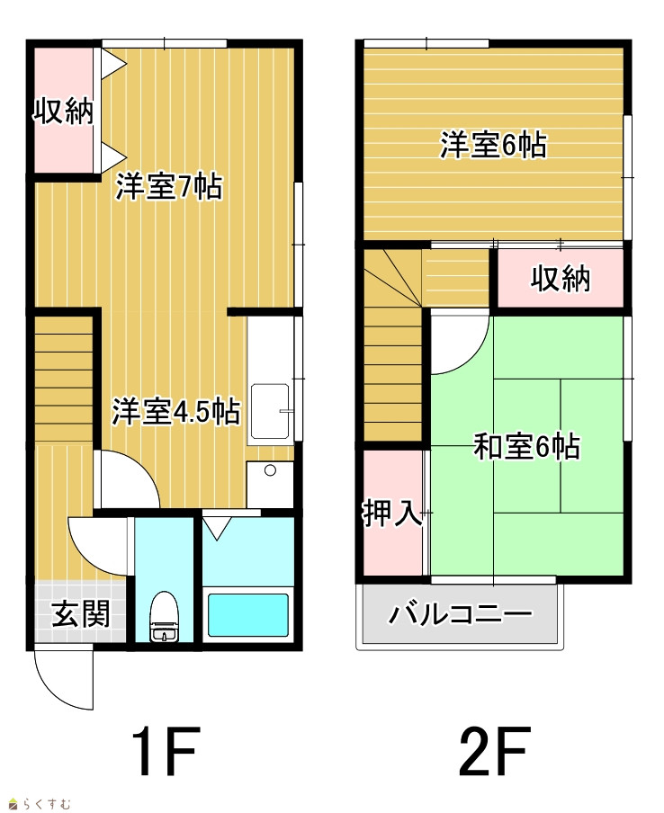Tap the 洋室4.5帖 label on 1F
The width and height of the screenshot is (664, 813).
point(175,412)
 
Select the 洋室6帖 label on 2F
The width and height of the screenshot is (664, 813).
point(493,145)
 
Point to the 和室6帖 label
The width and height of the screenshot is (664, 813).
point(526,446)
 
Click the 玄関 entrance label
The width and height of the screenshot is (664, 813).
point(81,615)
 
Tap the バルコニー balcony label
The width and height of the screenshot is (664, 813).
point(461,615)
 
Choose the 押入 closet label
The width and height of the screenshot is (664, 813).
point(392,514)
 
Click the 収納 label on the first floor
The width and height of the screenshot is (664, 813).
point(63,111)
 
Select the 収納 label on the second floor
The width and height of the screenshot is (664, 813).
point(561,279)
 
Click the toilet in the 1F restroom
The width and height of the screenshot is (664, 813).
point(164,617)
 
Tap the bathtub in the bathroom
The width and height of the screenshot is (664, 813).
point(248,615)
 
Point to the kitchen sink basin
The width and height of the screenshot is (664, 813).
point(270,412)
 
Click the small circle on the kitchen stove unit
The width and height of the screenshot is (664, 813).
point(270,470)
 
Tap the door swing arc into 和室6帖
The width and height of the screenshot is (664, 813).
point(473,358)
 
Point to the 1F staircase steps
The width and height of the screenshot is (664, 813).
point(63,380)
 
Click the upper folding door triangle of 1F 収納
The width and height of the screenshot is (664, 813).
point(113,64)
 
